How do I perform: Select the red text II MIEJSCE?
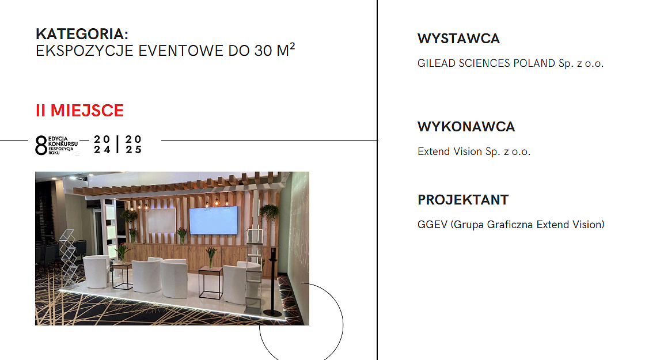click(79, 110)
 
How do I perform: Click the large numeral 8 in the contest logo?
click(41, 145)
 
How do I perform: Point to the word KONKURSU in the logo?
click(63, 143)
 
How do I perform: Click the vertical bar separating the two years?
click(117, 145)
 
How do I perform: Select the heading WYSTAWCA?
click(458, 39)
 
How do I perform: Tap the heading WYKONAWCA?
click(466, 127)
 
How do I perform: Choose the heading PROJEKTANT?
click(463, 200)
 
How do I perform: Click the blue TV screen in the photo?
click(214, 220)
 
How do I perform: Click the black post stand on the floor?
click(273, 284)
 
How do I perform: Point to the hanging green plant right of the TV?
click(269, 211)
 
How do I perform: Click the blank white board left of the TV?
click(161, 220)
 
